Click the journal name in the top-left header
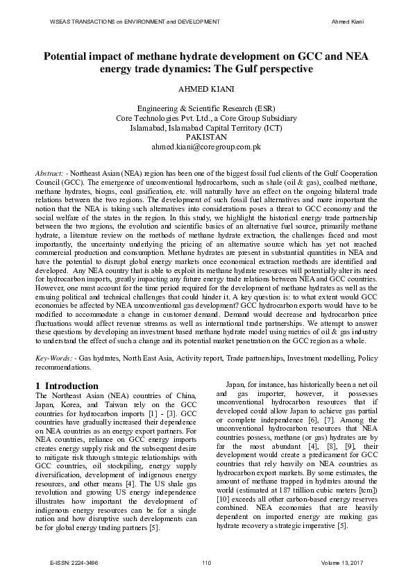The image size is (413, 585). [x=135, y=22]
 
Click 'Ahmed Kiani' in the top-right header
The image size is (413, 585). [x=349, y=22]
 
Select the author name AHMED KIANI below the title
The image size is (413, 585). [x=207, y=90]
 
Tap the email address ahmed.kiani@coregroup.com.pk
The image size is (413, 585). [x=207, y=147]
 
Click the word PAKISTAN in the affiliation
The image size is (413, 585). [x=207, y=138]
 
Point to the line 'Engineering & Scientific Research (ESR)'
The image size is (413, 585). [x=207, y=109]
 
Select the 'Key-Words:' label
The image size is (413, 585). [x=53, y=358]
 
